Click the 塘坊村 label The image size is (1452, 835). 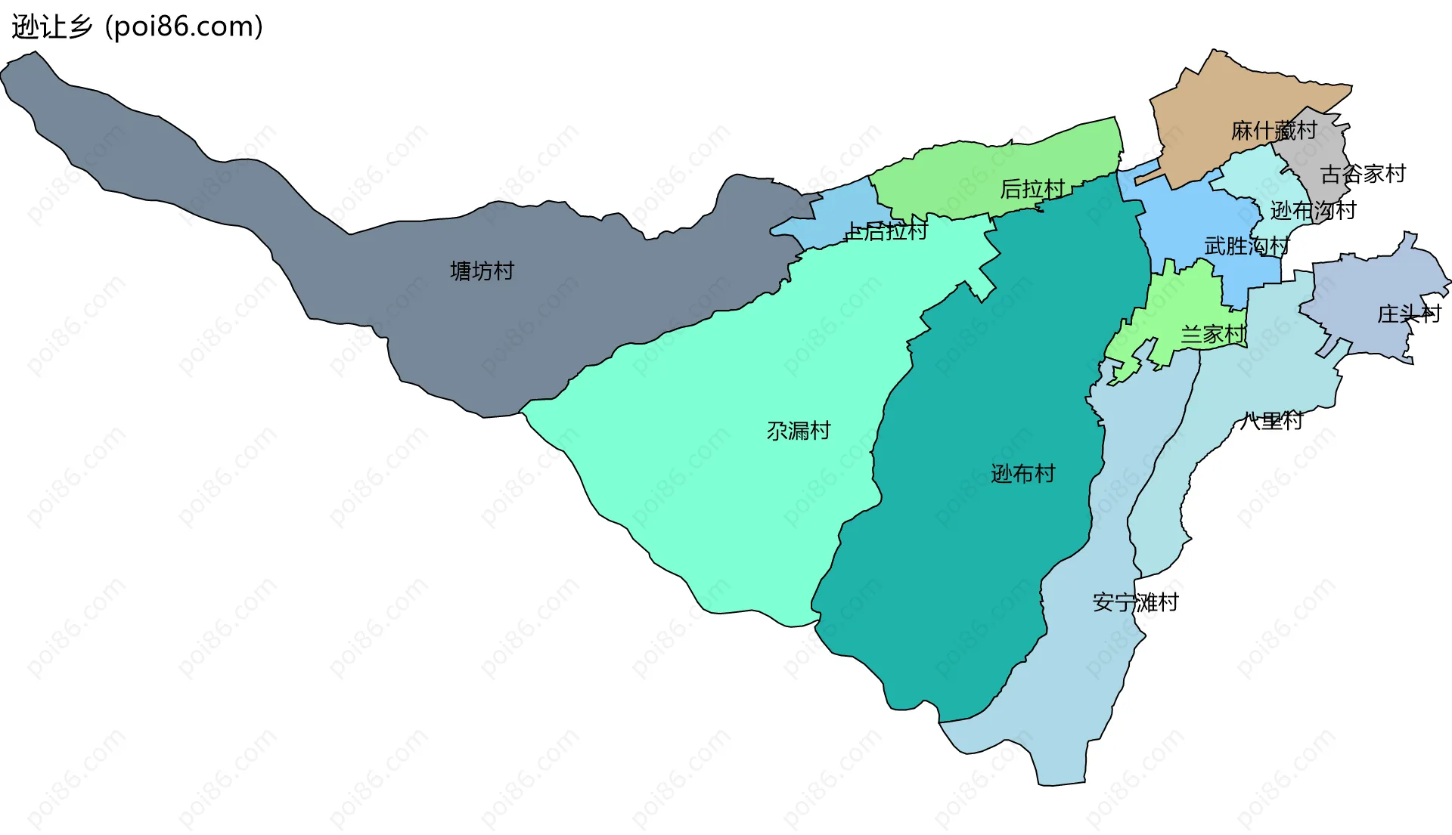click(482, 271)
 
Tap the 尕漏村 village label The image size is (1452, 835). click(799, 431)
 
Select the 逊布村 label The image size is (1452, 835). click(1022, 474)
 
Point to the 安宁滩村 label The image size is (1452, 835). click(1135, 602)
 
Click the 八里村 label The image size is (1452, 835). click(1271, 420)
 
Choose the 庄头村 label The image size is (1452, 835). click(1409, 314)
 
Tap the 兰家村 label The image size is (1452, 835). click(1213, 334)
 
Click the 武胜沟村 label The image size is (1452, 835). click(1246, 246)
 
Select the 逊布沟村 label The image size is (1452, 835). click(1313, 210)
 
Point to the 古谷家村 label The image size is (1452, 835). click(1363, 174)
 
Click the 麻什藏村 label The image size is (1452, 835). click(1274, 131)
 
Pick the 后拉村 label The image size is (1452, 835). click(1032, 188)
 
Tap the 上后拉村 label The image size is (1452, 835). click(886, 231)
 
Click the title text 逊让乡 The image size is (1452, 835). click(51, 27)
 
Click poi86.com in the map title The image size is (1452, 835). click(185, 27)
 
